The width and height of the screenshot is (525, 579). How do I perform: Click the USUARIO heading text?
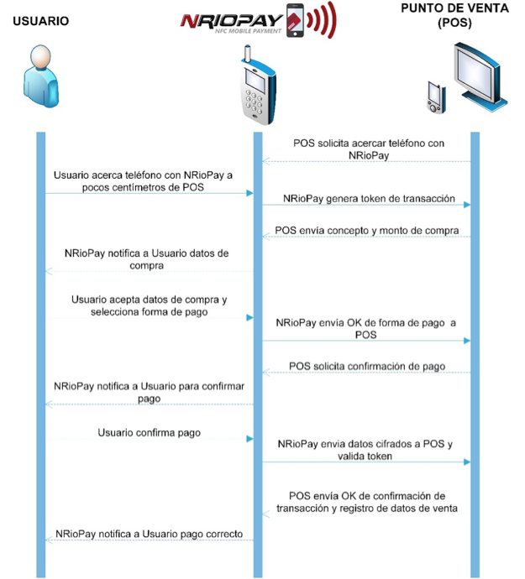[40, 21]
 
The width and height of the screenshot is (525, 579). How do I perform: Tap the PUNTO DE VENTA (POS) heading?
[454, 15]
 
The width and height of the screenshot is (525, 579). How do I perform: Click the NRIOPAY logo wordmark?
[232, 21]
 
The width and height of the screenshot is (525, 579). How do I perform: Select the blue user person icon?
[41, 76]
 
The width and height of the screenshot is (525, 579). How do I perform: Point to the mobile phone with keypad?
[258, 86]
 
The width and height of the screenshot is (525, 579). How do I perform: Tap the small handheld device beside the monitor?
[437, 97]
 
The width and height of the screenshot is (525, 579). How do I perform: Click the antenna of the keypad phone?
[248, 55]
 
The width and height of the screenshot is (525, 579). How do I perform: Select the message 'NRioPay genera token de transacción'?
[369, 199]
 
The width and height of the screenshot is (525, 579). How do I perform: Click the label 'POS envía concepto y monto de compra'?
[367, 231]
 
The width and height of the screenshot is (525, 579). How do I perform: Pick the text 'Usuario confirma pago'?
[149, 433]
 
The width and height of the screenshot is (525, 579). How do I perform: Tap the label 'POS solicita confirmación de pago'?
[367, 367]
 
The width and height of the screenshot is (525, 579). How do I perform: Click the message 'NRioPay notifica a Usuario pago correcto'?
[149, 534]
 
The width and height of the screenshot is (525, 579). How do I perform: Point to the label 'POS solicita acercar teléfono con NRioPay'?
[369, 149]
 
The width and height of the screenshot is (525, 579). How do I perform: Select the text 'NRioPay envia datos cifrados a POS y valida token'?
[365, 450]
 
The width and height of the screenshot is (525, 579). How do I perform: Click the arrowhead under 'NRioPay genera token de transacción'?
[467, 205]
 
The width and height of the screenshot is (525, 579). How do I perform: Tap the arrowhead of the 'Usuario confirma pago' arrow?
[250, 439]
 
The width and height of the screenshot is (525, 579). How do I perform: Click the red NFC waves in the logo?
[322, 20]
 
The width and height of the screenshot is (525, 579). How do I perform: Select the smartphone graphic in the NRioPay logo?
[295, 20]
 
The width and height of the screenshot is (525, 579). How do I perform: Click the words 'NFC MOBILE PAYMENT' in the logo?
[248, 31]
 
